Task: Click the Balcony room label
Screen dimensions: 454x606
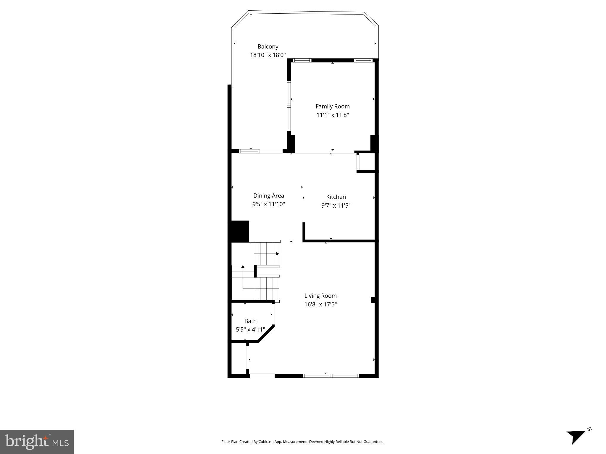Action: pos(268,46)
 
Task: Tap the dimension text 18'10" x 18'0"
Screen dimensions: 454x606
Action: pos(268,55)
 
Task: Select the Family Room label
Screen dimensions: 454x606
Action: pos(332,106)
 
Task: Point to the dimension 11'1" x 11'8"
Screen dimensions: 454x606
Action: pos(333,115)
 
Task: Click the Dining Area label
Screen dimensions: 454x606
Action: pos(268,196)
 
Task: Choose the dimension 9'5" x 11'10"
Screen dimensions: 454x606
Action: pos(268,204)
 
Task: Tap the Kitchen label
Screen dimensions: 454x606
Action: pos(336,197)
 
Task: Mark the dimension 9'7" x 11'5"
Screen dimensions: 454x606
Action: pos(336,205)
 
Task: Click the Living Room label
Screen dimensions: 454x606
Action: pos(320,295)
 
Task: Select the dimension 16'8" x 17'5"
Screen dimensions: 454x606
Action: pos(320,304)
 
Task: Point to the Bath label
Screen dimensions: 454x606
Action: pos(250,321)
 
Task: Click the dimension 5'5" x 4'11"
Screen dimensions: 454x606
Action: pos(250,329)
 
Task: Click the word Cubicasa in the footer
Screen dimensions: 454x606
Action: pos(265,442)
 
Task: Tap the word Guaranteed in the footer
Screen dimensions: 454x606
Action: pos(375,442)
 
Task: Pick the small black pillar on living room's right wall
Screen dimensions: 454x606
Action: pos(373,300)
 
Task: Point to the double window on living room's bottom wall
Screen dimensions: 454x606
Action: pos(331,376)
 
